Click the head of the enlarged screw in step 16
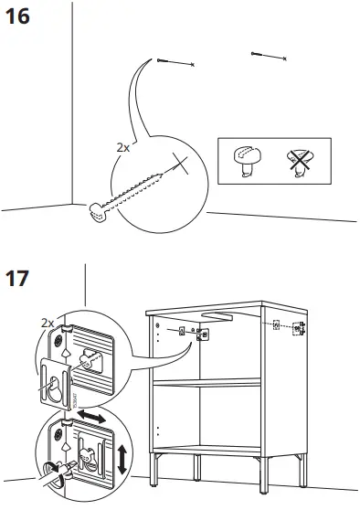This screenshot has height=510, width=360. (x=98, y=211)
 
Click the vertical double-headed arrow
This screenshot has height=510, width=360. (x=122, y=456)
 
